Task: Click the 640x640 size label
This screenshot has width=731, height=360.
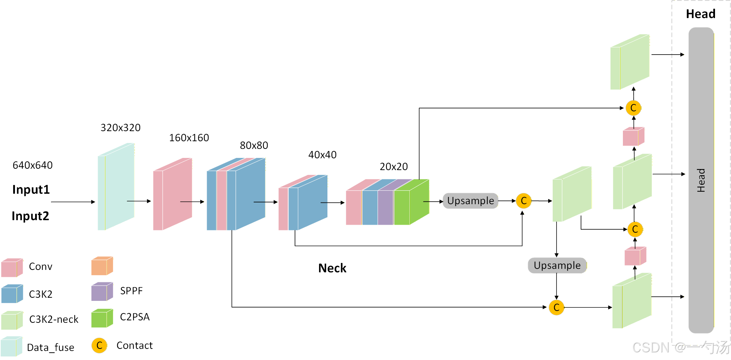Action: point(33,165)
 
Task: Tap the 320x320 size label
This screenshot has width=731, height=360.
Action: point(121,128)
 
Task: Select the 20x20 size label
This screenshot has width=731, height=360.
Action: point(394,167)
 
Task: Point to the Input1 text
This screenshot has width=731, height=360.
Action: point(31,190)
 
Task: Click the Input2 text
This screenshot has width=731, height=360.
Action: point(31,216)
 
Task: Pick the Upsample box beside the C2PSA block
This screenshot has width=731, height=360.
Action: point(471,201)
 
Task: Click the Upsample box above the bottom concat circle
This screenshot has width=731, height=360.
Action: point(557,265)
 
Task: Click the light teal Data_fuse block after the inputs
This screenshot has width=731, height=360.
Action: point(116,186)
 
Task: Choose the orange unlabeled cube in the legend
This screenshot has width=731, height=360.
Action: point(102,266)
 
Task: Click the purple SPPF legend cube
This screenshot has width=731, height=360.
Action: point(102,291)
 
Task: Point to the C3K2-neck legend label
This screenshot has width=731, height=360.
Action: point(54,319)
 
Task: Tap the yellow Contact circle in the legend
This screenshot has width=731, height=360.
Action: point(99,345)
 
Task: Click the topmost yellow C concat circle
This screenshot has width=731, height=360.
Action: point(633,108)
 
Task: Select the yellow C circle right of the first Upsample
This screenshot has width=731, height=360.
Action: point(523,201)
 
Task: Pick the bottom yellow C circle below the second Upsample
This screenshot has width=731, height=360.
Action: point(557,307)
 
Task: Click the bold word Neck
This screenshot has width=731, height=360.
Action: point(332,268)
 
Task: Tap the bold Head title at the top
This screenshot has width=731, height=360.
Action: point(701,14)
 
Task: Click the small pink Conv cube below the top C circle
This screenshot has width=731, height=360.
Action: point(634,136)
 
